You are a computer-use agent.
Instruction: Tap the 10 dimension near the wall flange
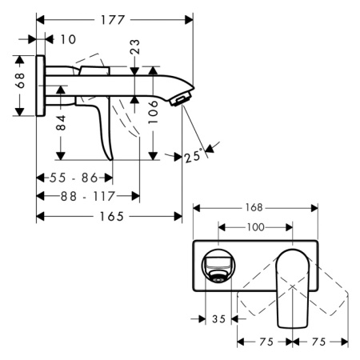(x=67, y=38)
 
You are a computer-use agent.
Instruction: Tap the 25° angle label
(x=192, y=157)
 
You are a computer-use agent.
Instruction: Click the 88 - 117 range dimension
(x=86, y=196)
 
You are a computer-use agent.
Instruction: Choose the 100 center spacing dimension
(x=254, y=227)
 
